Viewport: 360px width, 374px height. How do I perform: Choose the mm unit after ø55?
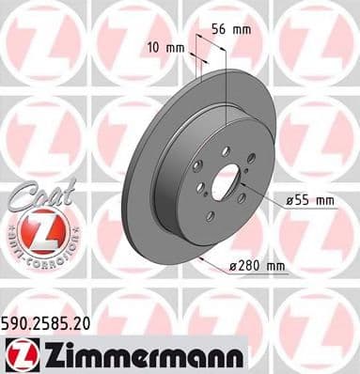pyautogui.click(x=324, y=200)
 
